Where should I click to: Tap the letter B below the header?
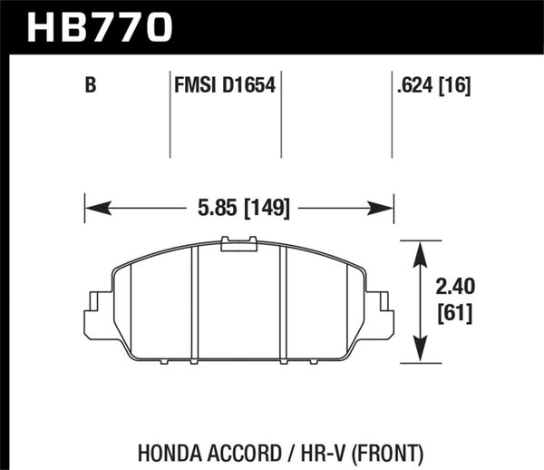90,87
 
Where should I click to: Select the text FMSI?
192,87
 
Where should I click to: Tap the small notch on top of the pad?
239,240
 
